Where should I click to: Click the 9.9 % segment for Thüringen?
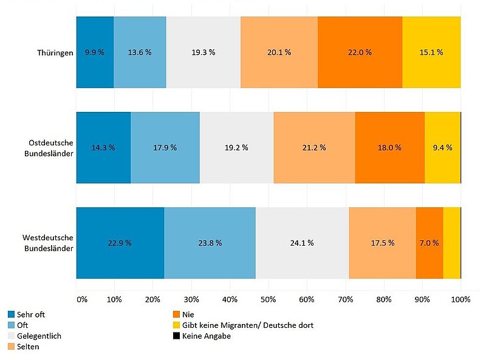pos(95,52)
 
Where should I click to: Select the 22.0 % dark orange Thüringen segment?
pos(360,52)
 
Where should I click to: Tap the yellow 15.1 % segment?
pos(431,52)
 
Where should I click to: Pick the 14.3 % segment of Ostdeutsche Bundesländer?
pos(103,147)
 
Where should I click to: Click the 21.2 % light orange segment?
pos(314,147)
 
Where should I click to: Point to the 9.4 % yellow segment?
pos(442,147)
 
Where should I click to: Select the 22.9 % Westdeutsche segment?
pos(120,243)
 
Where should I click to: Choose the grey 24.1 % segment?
pos(302,243)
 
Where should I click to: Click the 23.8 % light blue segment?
pos(210,243)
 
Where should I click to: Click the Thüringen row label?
pos(54,52)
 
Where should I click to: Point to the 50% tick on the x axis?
pos(269,299)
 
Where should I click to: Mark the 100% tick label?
pos(460,299)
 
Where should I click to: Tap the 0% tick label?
pos(82,299)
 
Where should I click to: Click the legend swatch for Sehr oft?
pos(11,314)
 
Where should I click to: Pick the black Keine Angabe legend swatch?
pos(177,336)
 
